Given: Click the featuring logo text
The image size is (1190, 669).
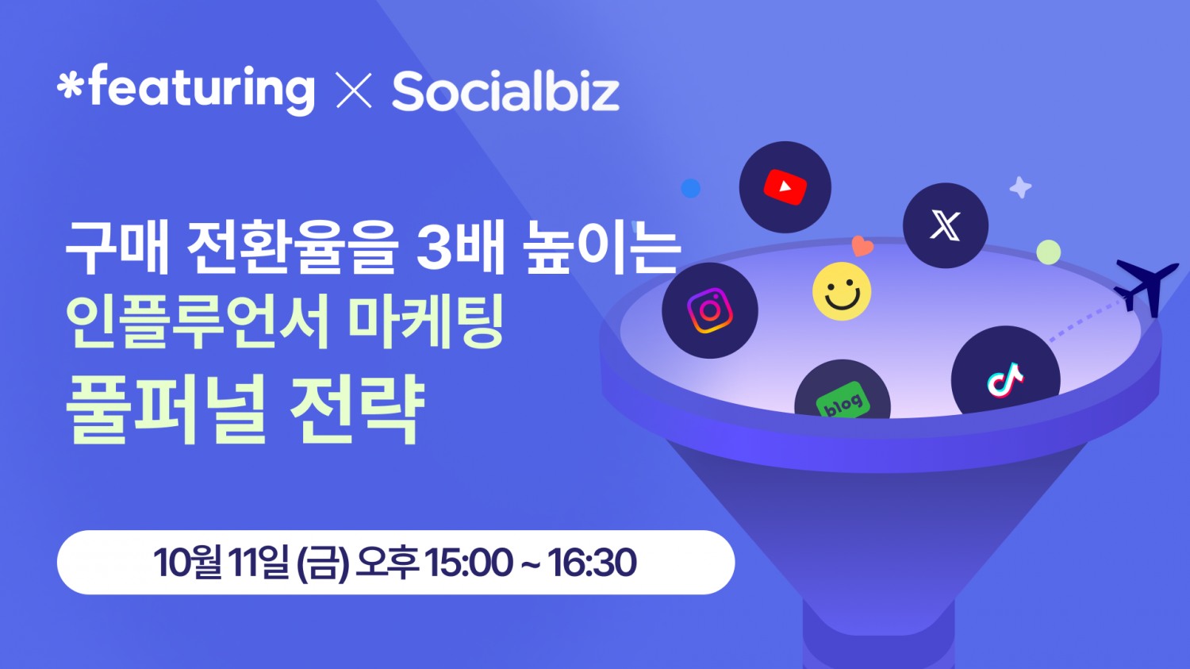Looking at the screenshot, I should (187, 89).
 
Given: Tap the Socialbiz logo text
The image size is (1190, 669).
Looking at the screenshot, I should (505, 92).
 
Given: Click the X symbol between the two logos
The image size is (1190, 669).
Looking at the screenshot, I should (354, 90).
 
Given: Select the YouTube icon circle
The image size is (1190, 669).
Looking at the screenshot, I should (785, 187).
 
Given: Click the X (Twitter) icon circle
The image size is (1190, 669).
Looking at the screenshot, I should (945, 225).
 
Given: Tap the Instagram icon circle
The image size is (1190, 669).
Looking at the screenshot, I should (710, 310).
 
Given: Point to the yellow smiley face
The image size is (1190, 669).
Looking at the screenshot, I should (842, 291).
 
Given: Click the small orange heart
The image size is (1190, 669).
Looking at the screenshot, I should (862, 246).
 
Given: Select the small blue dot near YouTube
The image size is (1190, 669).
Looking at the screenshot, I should (691, 188).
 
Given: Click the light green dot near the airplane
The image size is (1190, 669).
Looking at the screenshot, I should (1049, 252).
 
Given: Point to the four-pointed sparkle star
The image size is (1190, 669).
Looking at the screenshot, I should (1020, 187).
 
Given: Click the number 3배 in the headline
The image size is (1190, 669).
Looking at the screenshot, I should (460, 248).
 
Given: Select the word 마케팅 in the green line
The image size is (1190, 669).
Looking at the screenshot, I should (426, 323).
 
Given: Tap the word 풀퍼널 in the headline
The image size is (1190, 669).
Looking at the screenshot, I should (166, 410).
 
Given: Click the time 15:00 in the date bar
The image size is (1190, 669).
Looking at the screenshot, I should (468, 563).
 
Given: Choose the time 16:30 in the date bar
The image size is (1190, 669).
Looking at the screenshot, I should (592, 563).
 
